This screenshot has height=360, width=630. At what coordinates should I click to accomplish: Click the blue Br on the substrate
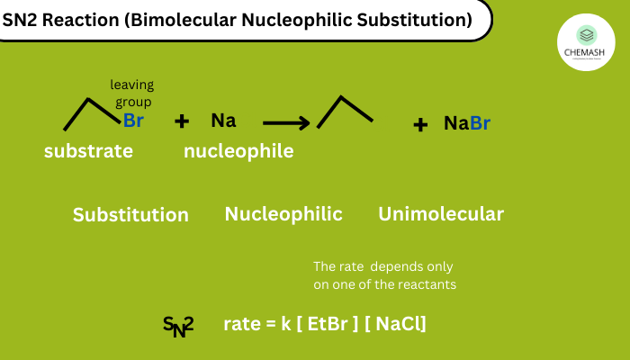pyautogui.click(x=133, y=121)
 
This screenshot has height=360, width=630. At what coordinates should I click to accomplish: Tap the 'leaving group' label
pyautogui.click(x=132, y=94)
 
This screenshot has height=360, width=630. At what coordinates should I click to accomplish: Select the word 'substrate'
pyautogui.click(x=88, y=151)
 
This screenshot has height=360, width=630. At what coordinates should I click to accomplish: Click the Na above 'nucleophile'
pyautogui.click(x=223, y=121)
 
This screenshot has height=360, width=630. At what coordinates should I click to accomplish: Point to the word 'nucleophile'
pyautogui.click(x=238, y=151)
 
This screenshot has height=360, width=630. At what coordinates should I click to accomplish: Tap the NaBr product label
pyautogui.click(x=467, y=123)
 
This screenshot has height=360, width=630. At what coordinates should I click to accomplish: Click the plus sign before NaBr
pyautogui.click(x=420, y=124)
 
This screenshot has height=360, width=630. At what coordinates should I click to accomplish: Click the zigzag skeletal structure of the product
pyautogui.click(x=345, y=112)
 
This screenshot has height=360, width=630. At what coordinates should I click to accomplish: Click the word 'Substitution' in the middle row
pyautogui.click(x=130, y=215)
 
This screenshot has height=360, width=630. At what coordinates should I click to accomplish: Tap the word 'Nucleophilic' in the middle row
pyautogui.click(x=283, y=214)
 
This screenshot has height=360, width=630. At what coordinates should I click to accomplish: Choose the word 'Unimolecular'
pyautogui.click(x=440, y=214)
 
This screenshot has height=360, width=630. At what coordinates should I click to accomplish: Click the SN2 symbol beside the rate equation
pyautogui.click(x=178, y=326)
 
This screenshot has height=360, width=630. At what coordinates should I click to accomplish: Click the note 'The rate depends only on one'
pyautogui.click(x=382, y=275)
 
